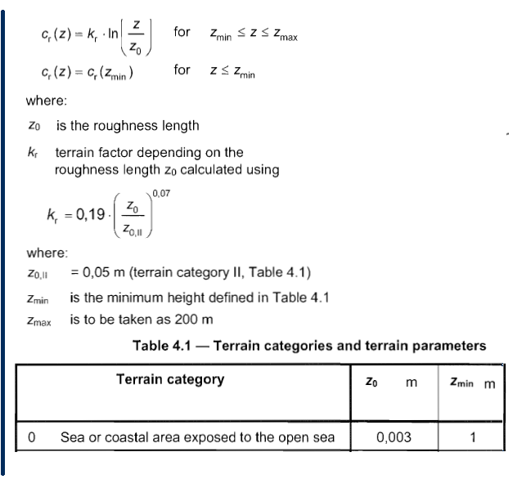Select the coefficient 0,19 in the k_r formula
coord(89,215)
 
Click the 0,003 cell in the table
coord(394,437)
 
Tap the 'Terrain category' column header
coord(170,379)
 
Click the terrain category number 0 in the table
coord(31,437)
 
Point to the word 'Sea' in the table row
coord(73,437)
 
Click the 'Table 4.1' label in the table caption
coord(161,345)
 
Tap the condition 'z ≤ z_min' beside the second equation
coord(232,72)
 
